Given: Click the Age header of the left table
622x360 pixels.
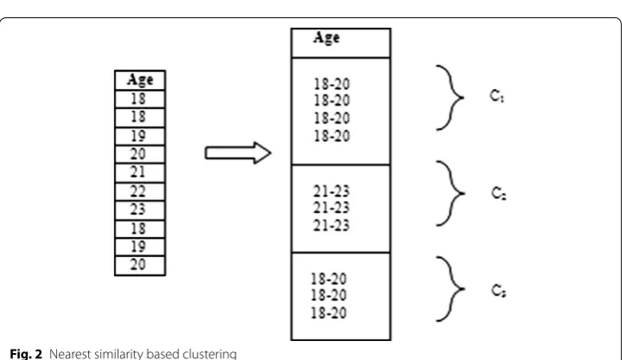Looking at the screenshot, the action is click(x=140, y=80).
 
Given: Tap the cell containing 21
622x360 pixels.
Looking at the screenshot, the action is click(x=140, y=173).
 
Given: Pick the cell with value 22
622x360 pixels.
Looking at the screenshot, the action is click(x=140, y=192).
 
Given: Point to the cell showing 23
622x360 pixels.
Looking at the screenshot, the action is click(x=140, y=210).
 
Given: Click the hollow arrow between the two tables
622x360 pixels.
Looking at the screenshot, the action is click(x=238, y=153).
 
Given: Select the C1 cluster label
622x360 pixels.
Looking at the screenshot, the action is click(x=497, y=96).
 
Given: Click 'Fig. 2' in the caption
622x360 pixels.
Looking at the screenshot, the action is click(x=26, y=354).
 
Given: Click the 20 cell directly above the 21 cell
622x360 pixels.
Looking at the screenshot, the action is click(x=140, y=154).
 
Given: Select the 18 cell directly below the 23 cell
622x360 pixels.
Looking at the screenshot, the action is click(x=140, y=229).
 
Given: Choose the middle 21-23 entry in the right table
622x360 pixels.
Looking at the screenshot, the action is click(x=331, y=208).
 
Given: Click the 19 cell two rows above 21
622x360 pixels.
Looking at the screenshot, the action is click(x=140, y=136).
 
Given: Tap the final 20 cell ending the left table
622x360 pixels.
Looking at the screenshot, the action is click(x=140, y=266).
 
